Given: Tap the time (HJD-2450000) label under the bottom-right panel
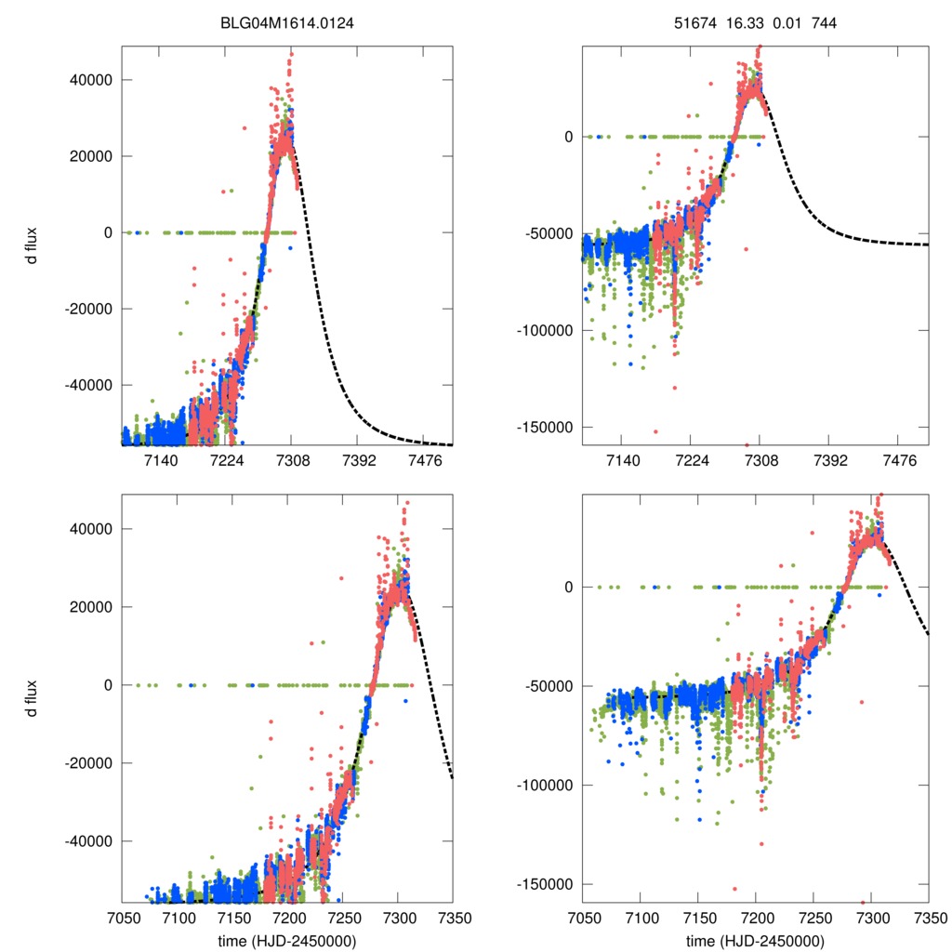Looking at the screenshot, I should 755,941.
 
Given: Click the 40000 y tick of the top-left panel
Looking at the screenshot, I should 91,80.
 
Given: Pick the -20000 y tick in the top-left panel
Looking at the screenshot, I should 88,309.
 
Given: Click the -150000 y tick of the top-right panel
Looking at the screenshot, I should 543,427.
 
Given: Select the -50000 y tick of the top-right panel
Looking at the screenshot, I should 547,233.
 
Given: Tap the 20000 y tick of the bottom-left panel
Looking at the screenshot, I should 91,607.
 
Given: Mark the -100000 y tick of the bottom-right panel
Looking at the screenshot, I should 543,786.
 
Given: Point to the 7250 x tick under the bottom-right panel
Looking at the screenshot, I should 813,918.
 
